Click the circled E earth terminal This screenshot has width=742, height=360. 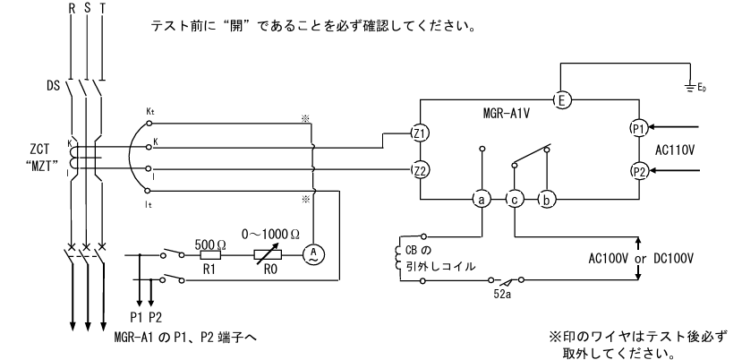click(x=561, y=100)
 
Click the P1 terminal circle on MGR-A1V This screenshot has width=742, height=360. click(x=637, y=127)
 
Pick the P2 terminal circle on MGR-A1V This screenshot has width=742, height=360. click(x=637, y=170)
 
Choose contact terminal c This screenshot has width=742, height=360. click(x=514, y=200)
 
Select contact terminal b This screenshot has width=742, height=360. click(x=544, y=200)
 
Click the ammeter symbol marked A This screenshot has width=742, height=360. click(x=312, y=253)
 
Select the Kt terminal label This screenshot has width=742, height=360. click(x=150, y=111)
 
